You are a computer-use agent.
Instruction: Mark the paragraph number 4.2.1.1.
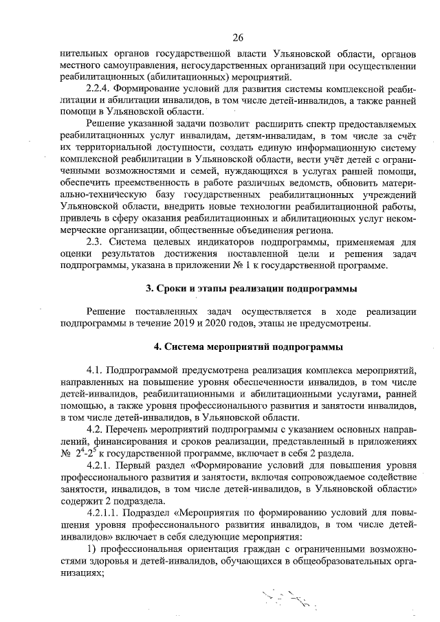(x=102, y=513)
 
